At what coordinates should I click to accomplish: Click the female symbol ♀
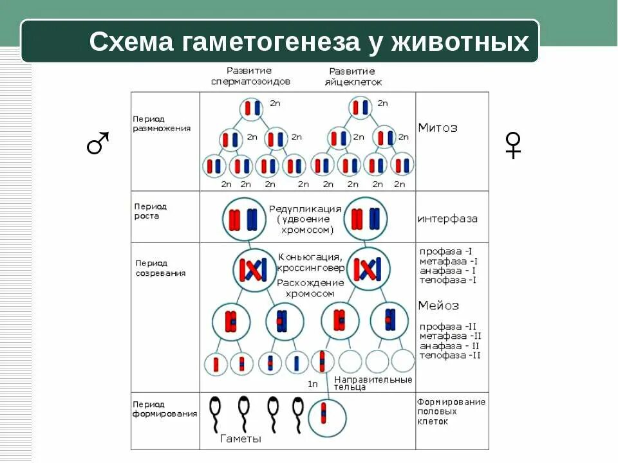[513, 144]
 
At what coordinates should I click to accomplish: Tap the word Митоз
[438, 127]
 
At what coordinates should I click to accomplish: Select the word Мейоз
[438, 305]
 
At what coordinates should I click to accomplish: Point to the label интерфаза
[447, 219]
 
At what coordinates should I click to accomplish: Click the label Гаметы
[241, 439]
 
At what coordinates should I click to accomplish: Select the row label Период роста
[150, 211]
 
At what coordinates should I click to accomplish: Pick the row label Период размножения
[162, 123]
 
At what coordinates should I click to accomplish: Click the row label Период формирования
[165, 409]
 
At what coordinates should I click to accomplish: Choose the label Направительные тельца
[373, 383]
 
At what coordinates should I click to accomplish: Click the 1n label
[312, 384]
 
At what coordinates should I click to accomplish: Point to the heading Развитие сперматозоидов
[250, 76]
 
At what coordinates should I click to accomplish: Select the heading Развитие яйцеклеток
[355, 77]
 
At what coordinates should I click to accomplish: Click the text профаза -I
[448, 251]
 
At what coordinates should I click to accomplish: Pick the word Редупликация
[304, 209]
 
